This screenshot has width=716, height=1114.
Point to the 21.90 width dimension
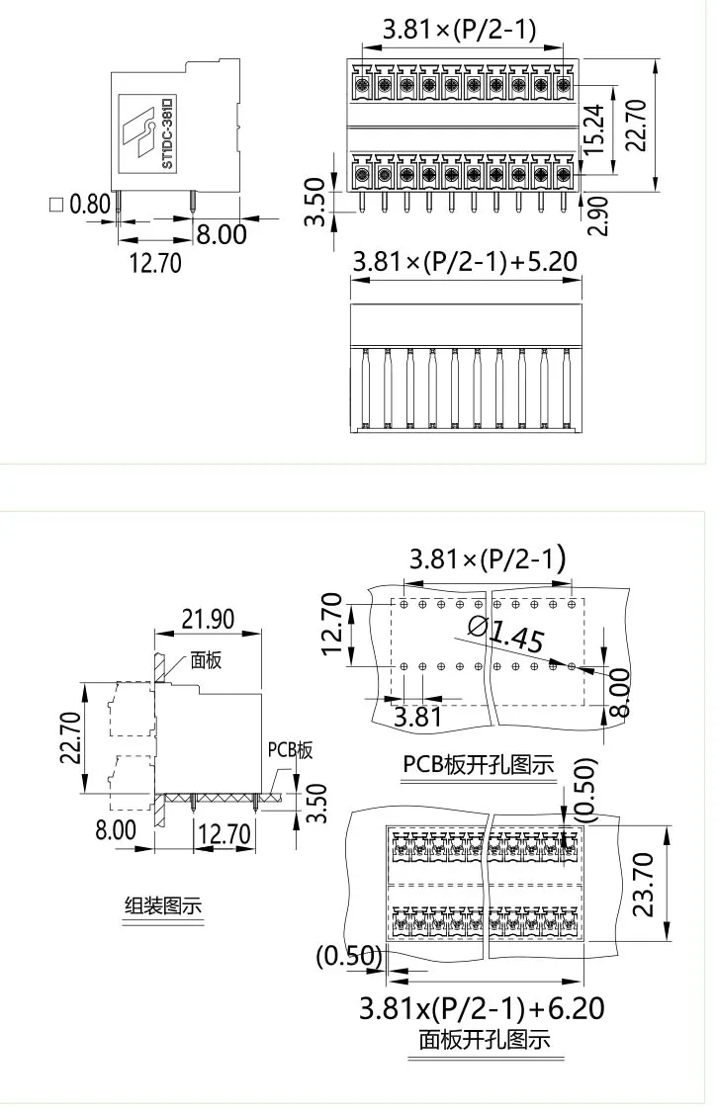click(x=207, y=619)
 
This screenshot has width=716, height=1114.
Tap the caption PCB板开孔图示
click(x=478, y=764)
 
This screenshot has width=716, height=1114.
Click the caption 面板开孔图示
click(x=485, y=1040)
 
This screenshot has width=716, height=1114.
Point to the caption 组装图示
click(x=163, y=905)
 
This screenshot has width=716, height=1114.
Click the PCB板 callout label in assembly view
click(x=290, y=750)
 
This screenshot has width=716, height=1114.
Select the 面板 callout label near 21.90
click(x=207, y=660)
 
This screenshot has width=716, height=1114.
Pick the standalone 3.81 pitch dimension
click(x=417, y=715)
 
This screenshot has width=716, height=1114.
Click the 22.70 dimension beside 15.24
click(x=636, y=125)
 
